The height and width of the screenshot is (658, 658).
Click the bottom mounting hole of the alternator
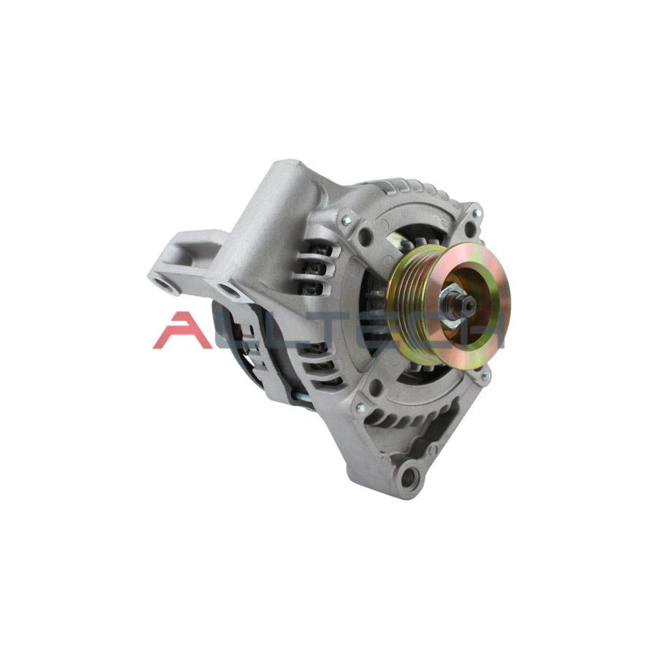[x=408, y=478]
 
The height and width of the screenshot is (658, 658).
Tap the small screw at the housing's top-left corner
[x=344, y=219]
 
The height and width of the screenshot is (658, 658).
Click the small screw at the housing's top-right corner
[x=477, y=213]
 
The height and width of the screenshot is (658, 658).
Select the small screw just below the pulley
[x=484, y=377]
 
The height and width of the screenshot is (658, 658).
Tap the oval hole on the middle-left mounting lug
[x=229, y=291]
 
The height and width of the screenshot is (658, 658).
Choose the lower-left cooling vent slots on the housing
[x=322, y=366]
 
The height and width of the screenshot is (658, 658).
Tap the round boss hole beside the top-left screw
[x=364, y=235]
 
